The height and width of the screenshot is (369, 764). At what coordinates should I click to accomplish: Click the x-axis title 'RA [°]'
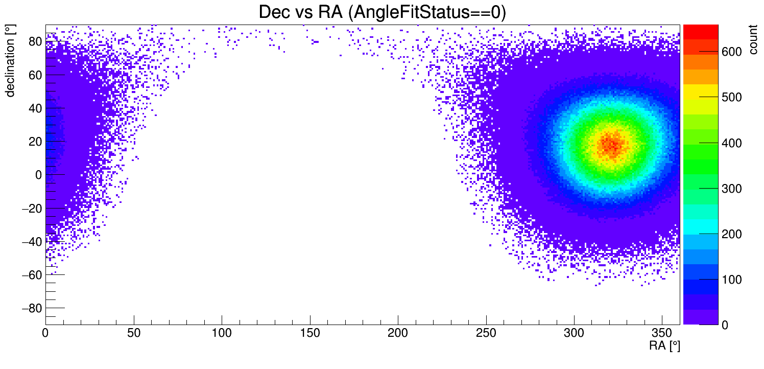pyautogui.click(x=664, y=346)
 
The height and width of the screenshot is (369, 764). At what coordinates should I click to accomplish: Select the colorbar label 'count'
pyautogui.click(x=753, y=41)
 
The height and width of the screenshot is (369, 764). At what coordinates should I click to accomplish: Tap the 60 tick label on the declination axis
pyautogui.click(x=34, y=75)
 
